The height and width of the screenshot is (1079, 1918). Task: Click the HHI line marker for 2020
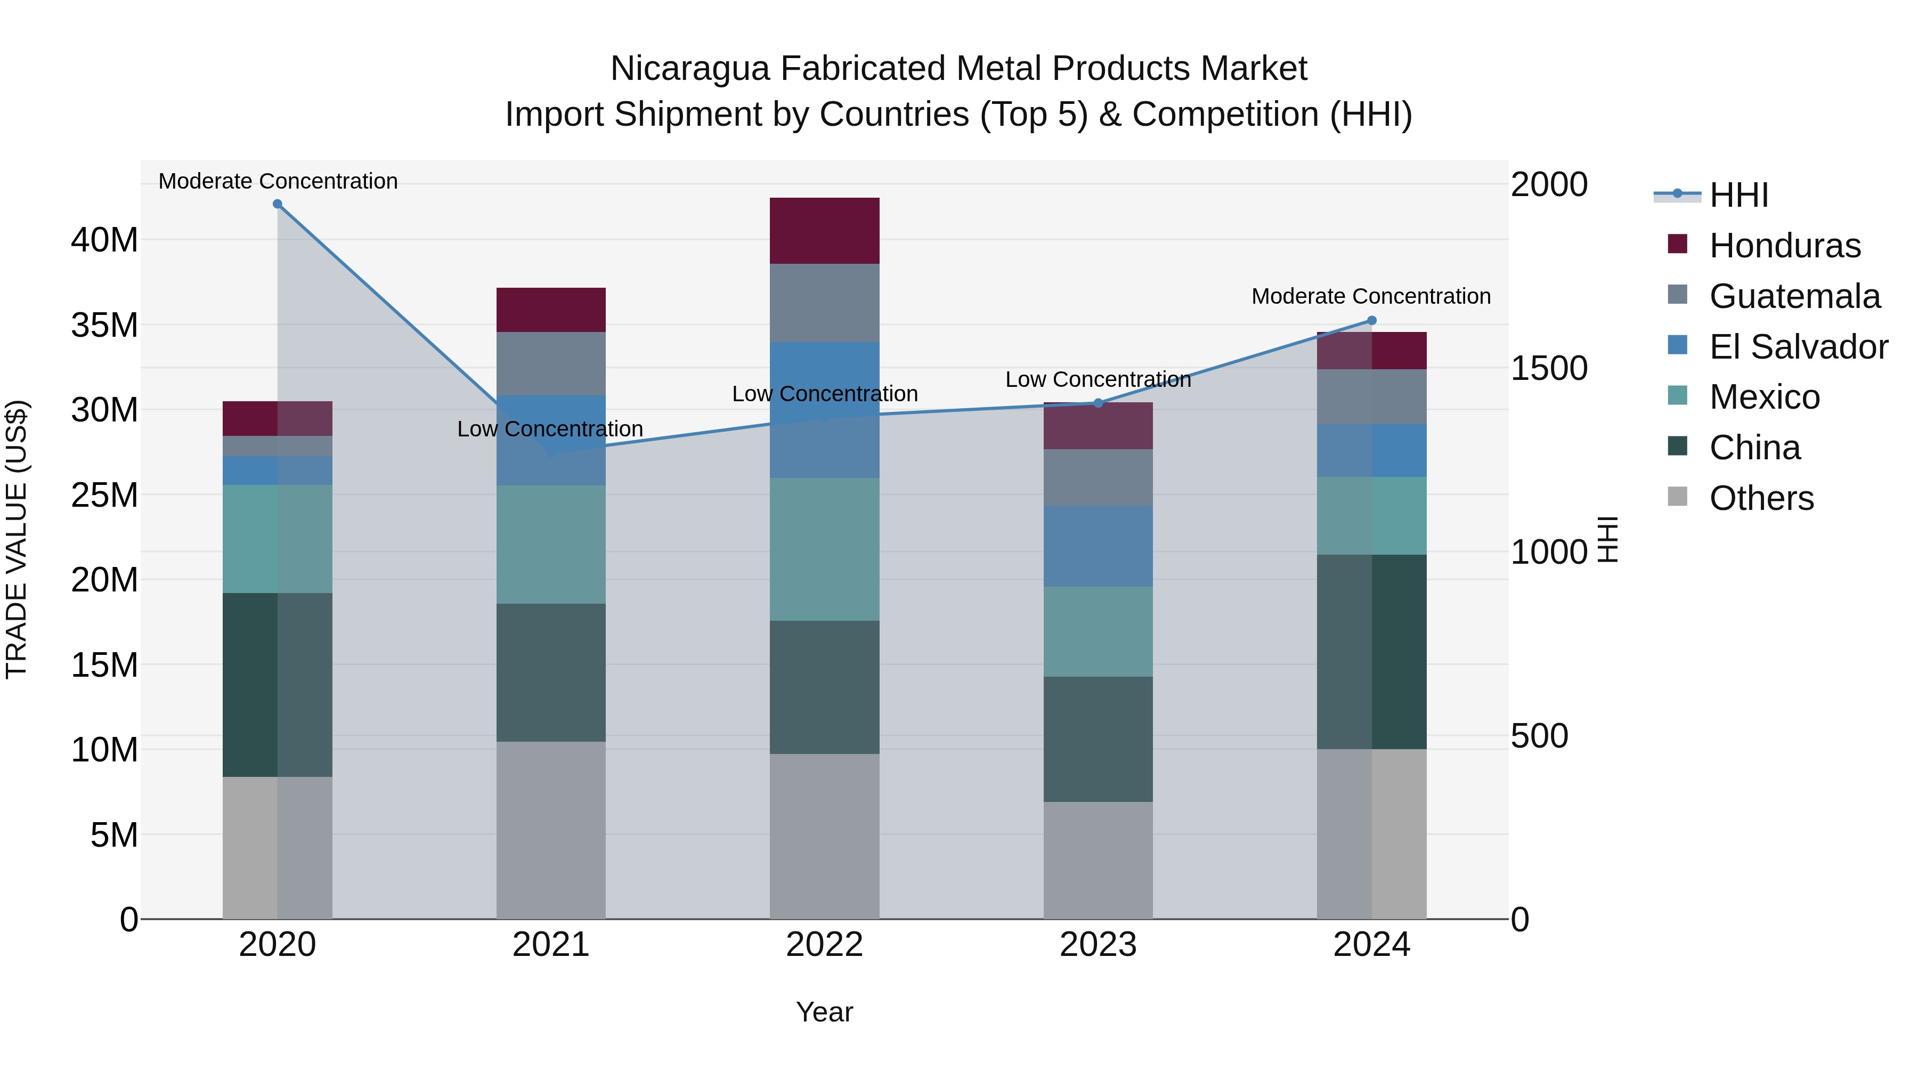pos(277,204)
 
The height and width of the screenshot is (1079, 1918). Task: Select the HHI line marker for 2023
pos(1098,403)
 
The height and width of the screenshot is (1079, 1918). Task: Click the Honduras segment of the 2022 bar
pos(824,231)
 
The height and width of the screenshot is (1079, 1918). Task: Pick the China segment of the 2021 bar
pos(551,672)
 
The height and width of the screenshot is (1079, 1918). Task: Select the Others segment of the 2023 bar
pos(1098,860)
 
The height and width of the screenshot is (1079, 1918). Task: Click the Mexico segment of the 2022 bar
pos(824,549)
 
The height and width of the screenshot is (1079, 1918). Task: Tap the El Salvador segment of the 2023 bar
pos(1098,547)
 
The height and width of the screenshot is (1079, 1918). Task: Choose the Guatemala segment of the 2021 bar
pos(551,363)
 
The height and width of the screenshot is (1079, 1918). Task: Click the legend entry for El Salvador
pos(1798,347)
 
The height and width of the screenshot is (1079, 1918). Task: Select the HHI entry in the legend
pos(1738,195)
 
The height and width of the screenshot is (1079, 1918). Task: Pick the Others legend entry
pos(1761,498)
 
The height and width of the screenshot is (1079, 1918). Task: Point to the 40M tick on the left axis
pos(104,240)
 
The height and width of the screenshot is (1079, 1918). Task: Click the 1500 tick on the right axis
pos(1549,368)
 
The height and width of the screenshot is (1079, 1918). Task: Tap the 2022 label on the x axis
pos(824,945)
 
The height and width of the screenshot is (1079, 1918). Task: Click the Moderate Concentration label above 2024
pos(1371,296)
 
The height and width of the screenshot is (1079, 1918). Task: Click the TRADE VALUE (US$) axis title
pos(17,539)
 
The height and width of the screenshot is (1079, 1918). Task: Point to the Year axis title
pos(824,1012)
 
